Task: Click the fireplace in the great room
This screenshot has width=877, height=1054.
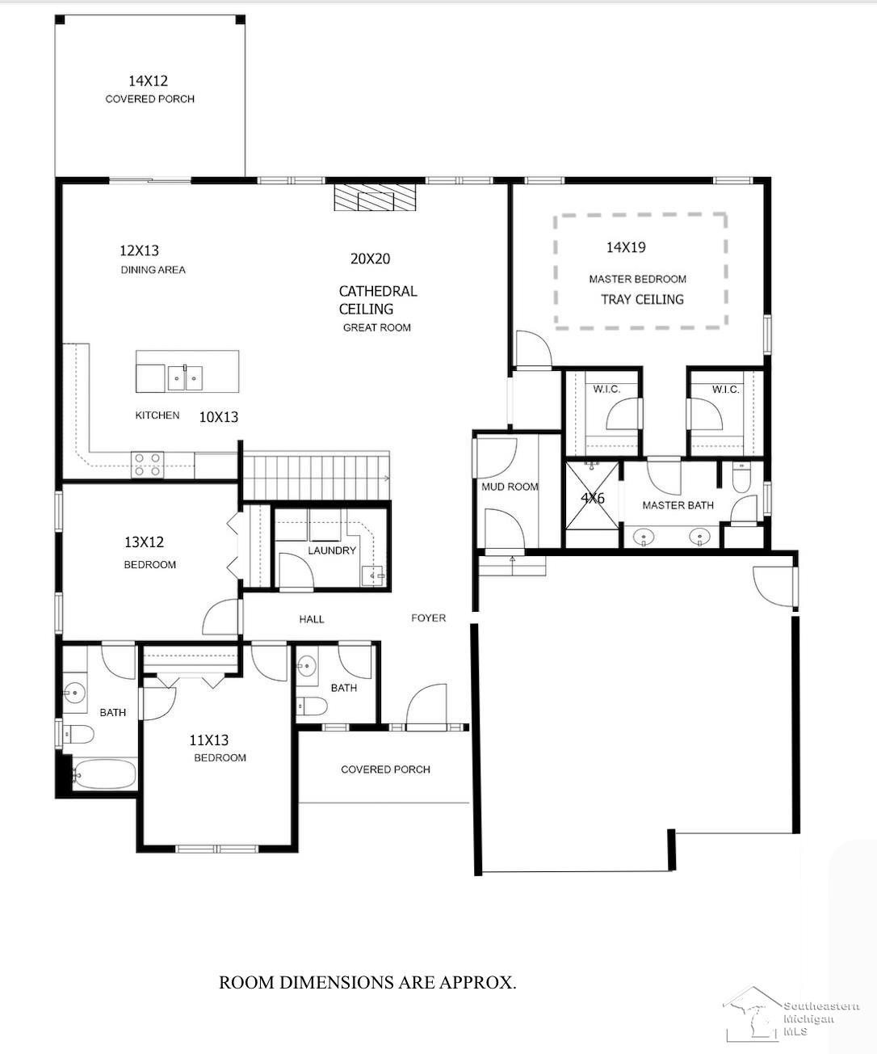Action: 376,197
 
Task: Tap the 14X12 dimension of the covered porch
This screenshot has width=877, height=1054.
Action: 149,81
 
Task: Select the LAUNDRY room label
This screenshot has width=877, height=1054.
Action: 332,550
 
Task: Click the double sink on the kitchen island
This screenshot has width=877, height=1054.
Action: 185,378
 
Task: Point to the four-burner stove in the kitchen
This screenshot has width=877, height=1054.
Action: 148,465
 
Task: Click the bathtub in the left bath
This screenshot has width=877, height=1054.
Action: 104,774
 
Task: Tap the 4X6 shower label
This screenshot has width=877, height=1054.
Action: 593,498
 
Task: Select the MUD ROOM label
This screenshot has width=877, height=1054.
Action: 510,487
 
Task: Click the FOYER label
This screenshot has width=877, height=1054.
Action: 429,618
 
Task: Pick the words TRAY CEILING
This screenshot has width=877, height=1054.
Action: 643,299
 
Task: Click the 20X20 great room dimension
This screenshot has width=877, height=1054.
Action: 370,259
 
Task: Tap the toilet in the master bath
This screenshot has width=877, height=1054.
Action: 741,478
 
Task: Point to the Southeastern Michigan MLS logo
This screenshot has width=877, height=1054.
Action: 791,1014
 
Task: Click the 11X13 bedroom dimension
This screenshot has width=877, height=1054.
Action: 209,740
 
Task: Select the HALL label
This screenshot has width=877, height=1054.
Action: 312,619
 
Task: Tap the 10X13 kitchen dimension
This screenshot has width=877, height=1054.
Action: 219,417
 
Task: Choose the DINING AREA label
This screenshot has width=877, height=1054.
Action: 153,270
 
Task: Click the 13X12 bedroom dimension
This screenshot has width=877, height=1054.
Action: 145,542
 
